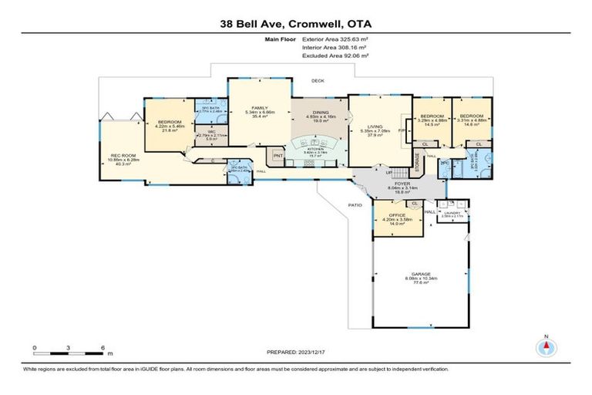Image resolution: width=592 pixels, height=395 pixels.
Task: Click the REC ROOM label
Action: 123,158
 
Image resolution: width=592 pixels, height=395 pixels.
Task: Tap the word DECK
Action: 317,80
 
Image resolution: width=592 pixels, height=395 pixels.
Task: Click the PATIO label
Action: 354,204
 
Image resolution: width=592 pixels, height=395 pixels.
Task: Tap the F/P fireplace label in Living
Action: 402,132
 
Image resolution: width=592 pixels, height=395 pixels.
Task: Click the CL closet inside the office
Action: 415,204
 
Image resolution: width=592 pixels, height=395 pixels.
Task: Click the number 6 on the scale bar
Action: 103,348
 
